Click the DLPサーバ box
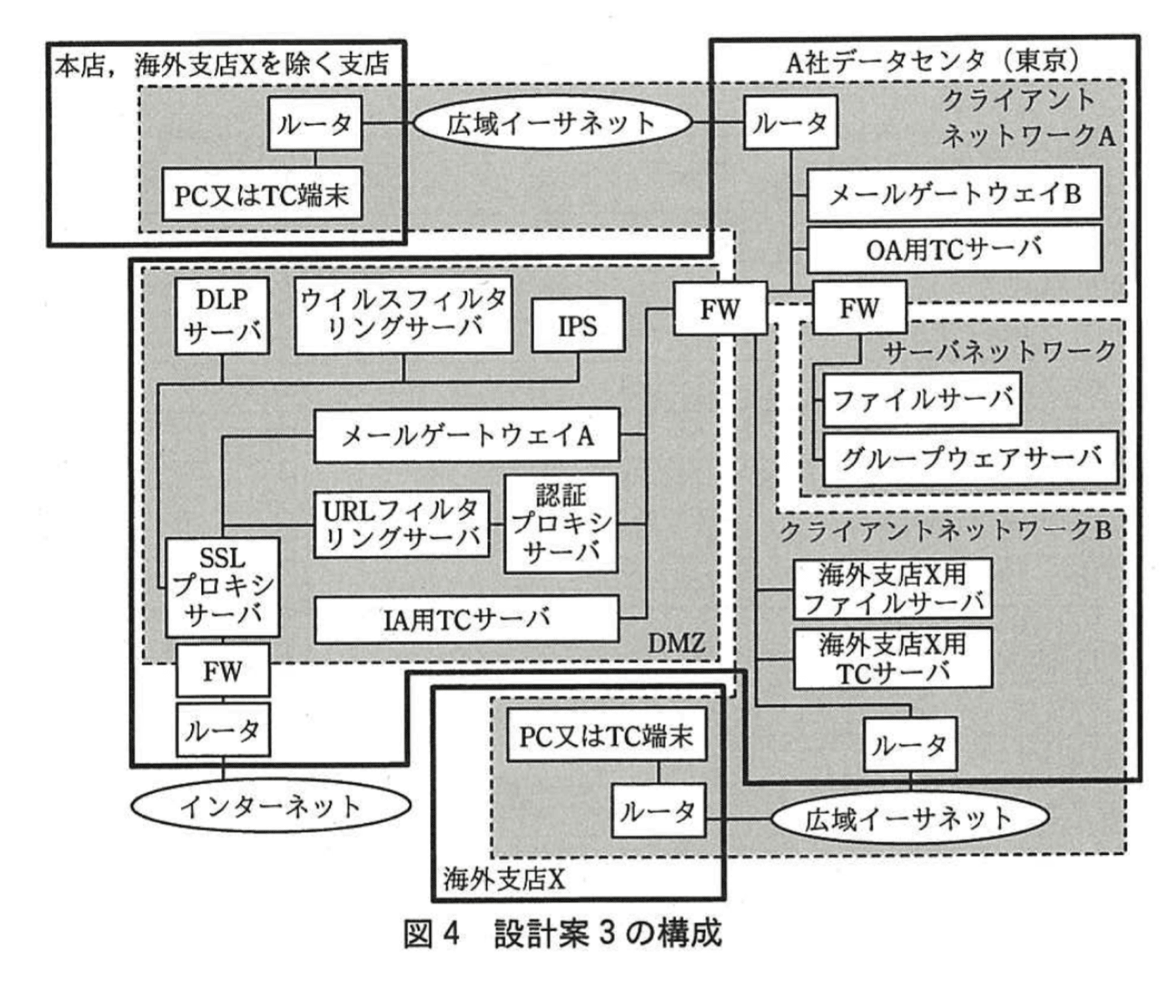click(x=221, y=316)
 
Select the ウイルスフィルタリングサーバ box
click(x=403, y=314)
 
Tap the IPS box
click(x=577, y=325)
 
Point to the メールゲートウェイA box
click(x=466, y=435)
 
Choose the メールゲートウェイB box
click(x=954, y=194)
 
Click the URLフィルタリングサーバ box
click(x=400, y=524)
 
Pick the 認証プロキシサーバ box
click(x=561, y=524)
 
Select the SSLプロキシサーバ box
click(x=221, y=587)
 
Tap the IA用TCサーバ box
click(x=466, y=619)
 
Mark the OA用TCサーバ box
click(x=954, y=248)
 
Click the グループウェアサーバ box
click(x=969, y=458)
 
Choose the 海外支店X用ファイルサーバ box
click(x=892, y=588)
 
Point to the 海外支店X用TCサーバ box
click(x=892, y=658)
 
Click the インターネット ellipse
click(x=271, y=806)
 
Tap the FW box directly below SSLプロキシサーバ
click(x=222, y=670)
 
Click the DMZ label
click(x=676, y=643)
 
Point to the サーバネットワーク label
click(x=1000, y=352)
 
